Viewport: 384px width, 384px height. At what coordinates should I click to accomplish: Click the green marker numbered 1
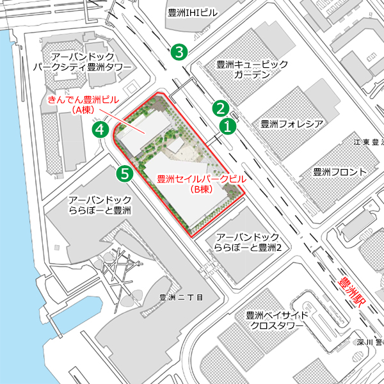(x=227, y=126)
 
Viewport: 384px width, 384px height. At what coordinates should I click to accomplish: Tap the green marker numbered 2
(x=221, y=108)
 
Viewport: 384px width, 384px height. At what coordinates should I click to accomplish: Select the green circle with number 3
(x=179, y=52)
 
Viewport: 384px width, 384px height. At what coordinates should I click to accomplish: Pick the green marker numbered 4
(x=100, y=130)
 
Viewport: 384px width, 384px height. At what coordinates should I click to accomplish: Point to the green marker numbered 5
(x=125, y=172)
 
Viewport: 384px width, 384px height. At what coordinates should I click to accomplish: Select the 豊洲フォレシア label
(x=291, y=123)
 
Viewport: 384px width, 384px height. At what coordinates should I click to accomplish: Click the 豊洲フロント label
(x=340, y=172)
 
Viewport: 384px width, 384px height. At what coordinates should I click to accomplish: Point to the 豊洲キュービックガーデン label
(x=252, y=70)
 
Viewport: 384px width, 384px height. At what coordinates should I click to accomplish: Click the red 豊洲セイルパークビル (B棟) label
(x=202, y=184)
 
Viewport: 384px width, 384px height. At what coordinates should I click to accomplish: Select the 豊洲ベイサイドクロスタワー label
(x=276, y=321)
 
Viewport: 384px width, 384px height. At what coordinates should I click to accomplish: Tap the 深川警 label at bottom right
(x=369, y=359)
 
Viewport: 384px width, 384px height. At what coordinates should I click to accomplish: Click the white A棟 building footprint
(x=142, y=131)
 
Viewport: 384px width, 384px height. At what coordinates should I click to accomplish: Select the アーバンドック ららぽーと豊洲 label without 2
(x=100, y=205)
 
